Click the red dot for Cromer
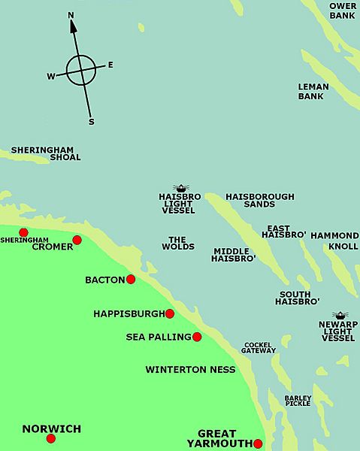(x=77, y=241)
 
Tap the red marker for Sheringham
(x=23, y=232)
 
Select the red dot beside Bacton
(x=131, y=279)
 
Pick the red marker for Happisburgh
(x=170, y=313)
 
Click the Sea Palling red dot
(x=197, y=337)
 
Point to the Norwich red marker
(x=51, y=438)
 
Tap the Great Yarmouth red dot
(x=258, y=443)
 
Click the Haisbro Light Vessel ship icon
(x=180, y=188)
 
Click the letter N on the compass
(x=71, y=15)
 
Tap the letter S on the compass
(x=91, y=121)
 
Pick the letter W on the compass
(x=51, y=76)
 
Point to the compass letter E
(x=110, y=65)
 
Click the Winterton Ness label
(x=190, y=369)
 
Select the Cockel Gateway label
(x=259, y=347)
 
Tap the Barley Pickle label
(x=298, y=401)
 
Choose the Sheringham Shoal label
(x=45, y=153)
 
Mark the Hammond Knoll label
(x=334, y=241)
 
